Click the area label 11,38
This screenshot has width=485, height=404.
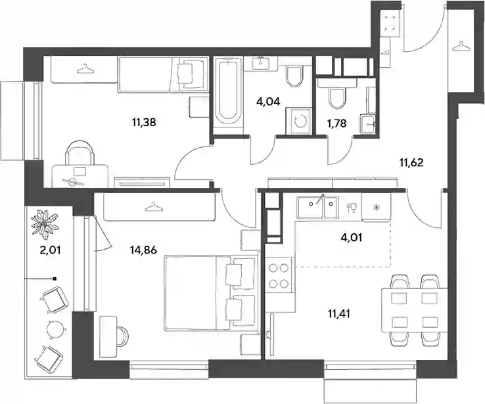click(144, 123)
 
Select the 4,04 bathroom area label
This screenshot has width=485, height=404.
click(269, 101)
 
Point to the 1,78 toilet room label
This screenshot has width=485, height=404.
click(337, 123)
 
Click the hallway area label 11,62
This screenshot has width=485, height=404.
click(411, 162)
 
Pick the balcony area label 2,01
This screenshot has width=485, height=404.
click(50, 250)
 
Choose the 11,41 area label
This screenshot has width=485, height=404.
click(340, 315)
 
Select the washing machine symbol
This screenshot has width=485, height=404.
click(298, 121)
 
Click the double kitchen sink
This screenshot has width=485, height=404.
click(317, 206)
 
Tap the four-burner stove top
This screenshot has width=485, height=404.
click(279, 276)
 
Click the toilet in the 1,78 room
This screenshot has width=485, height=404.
click(336, 97)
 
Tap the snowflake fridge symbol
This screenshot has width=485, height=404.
click(376, 207)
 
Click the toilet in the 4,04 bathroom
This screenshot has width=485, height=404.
click(294, 76)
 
